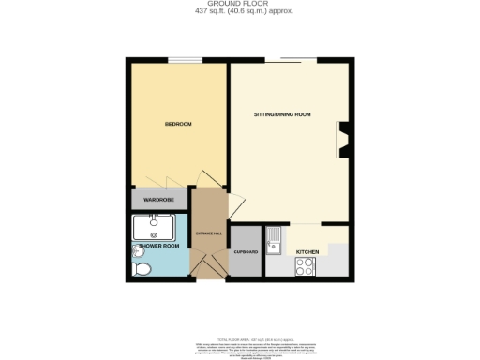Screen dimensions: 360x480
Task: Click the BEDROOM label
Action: (178, 124)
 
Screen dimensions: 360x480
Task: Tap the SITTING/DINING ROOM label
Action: (282, 114)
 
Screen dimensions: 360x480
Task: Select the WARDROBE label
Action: (158, 200)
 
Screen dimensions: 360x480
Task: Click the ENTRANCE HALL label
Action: (208, 232)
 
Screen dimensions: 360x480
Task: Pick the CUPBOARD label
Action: (246, 252)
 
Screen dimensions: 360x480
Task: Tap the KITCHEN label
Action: (307, 253)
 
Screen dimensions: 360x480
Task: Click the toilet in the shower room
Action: (142, 269)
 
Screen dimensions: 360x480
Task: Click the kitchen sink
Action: (275, 242)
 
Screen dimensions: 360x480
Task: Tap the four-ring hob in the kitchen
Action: (305, 267)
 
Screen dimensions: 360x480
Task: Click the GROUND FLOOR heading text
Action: (239, 5)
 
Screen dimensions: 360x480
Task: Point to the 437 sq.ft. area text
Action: (239, 12)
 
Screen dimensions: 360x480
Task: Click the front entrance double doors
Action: (209, 266)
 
